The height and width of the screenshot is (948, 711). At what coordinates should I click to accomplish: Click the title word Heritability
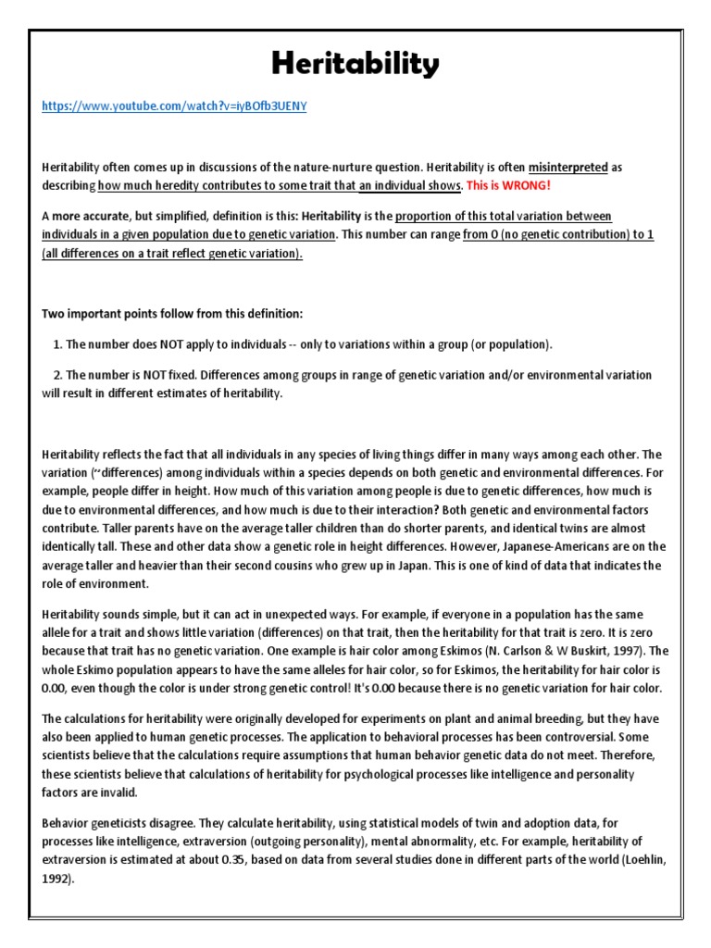(x=356, y=65)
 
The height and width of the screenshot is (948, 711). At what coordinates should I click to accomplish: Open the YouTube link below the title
(x=174, y=106)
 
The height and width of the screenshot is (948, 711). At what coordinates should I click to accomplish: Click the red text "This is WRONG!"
(x=508, y=185)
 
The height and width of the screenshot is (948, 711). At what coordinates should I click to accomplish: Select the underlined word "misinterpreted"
(x=568, y=168)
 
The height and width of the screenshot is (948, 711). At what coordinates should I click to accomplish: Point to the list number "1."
(x=57, y=344)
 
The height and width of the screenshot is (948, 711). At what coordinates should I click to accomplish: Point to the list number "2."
(x=57, y=375)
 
